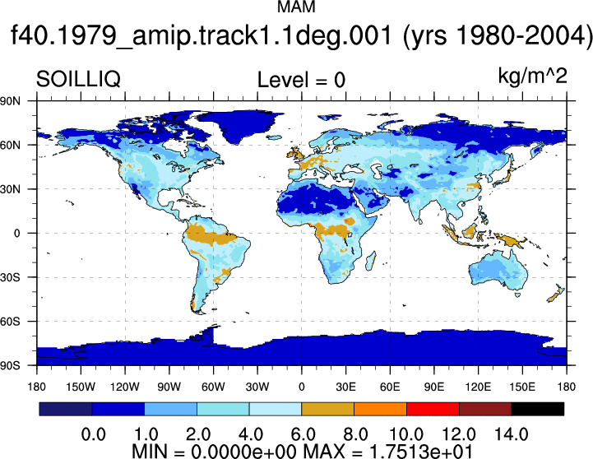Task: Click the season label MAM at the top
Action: pyautogui.click(x=296, y=7)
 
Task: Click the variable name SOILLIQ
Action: pyautogui.click(x=78, y=80)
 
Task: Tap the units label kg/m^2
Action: pyautogui.click(x=532, y=76)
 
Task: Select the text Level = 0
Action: pyautogui.click(x=301, y=80)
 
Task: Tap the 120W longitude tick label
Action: pyautogui.click(x=125, y=387)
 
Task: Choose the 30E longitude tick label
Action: pyautogui.click(x=345, y=387)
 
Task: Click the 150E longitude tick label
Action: pyautogui.click(x=522, y=387)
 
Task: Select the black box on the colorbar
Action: pyautogui.click(x=537, y=409)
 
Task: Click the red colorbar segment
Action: pyautogui.click(x=433, y=409)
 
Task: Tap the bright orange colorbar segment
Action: pyautogui.click(x=380, y=409)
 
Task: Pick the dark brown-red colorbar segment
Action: pyautogui.click(x=485, y=409)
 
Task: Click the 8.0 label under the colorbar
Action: pyautogui.click(x=354, y=434)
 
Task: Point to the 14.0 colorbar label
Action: pyautogui.click(x=512, y=434)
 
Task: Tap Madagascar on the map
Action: pyautogui.click(x=371, y=262)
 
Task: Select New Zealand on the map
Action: pyautogui.click(x=556, y=292)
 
